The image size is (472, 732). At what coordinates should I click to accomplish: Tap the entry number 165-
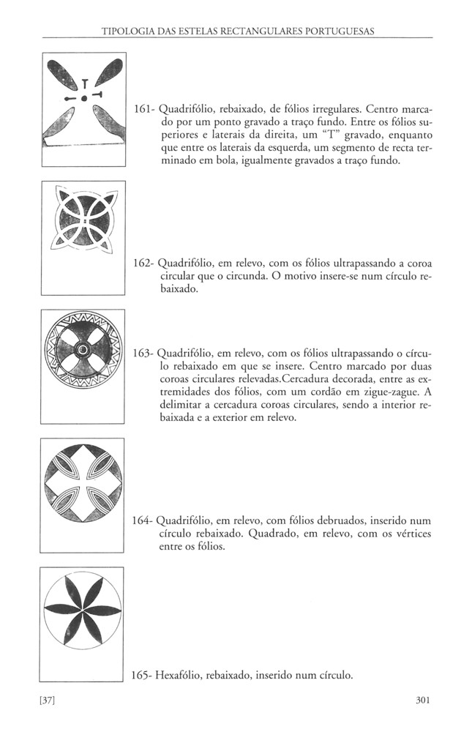point(144,676)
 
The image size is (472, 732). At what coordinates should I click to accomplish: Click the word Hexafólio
point(184,676)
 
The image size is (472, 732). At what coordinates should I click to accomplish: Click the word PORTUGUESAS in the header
point(343,31)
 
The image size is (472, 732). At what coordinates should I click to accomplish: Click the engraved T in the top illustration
point(85,83)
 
